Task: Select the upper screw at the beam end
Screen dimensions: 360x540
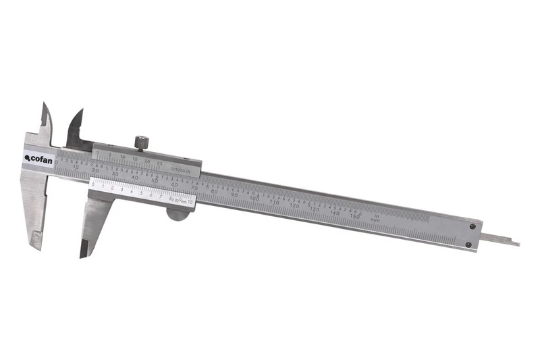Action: pos(472,227)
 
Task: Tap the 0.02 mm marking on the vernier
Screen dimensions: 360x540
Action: pos(176,200)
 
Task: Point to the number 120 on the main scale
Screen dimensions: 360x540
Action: pos(294,205)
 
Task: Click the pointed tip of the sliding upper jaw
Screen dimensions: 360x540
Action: pos(81,111)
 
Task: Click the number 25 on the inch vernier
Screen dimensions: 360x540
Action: pos(159,163)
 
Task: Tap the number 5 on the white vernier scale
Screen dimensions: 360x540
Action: pos(141,193)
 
